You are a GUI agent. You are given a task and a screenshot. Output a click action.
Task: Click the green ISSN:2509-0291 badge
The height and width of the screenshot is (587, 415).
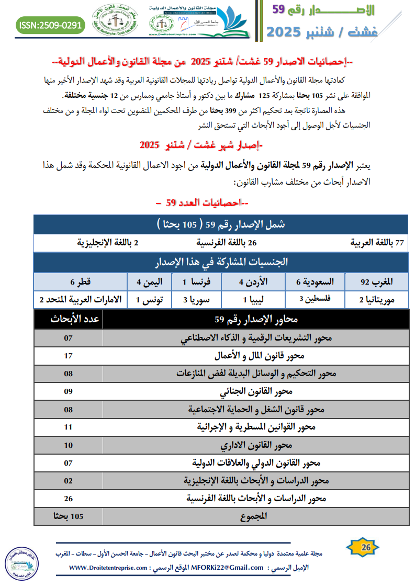(x=50, y=25)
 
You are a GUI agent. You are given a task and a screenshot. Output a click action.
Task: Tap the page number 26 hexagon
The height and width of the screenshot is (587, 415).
(x=366, y=548)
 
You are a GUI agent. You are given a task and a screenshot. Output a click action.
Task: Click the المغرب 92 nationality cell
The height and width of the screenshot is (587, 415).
(x=377, y=282)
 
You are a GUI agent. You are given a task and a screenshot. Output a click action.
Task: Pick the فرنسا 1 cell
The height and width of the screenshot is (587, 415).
(x=189, y=282)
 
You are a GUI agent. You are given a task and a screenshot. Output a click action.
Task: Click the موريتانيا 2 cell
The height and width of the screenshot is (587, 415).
(x=377, y=300)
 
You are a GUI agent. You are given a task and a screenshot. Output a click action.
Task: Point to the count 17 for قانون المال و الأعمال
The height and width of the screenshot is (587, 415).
(x=68, y=356)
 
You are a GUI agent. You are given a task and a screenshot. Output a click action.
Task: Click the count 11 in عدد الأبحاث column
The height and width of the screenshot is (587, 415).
(x=68, y=427)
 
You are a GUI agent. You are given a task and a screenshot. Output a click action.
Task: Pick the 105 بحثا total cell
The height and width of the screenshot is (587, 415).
(x=68, y=517)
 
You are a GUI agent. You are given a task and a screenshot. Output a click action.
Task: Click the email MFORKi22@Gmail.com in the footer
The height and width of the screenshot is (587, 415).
(x=227, y=567)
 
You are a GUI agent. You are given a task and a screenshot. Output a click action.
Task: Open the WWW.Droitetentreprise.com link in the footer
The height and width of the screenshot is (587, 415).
(x=107, y=567)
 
